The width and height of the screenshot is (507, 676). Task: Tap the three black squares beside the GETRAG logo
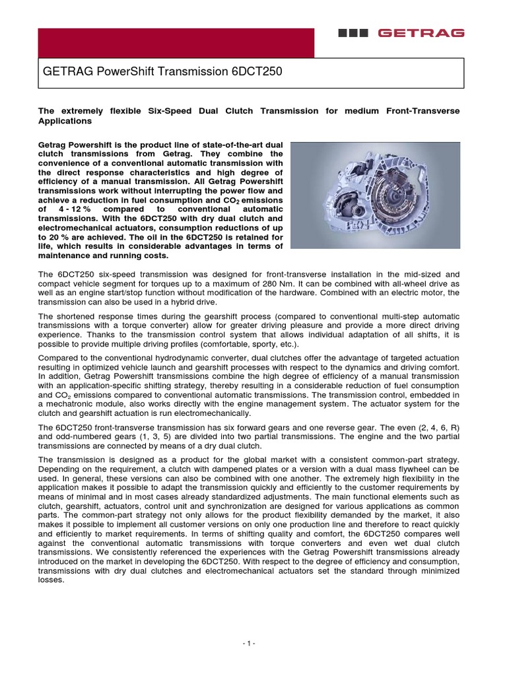click(357, 32)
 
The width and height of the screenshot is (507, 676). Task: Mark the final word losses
click(51, 580)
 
